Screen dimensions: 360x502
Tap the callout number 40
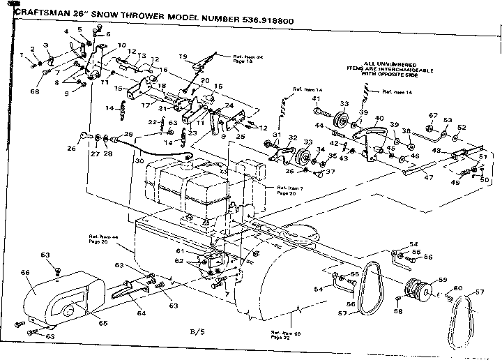pos(379,118)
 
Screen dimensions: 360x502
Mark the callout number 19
pos(183,56)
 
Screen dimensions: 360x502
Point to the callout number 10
pos(122,45)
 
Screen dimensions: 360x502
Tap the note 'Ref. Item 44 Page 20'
pos(105,239)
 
